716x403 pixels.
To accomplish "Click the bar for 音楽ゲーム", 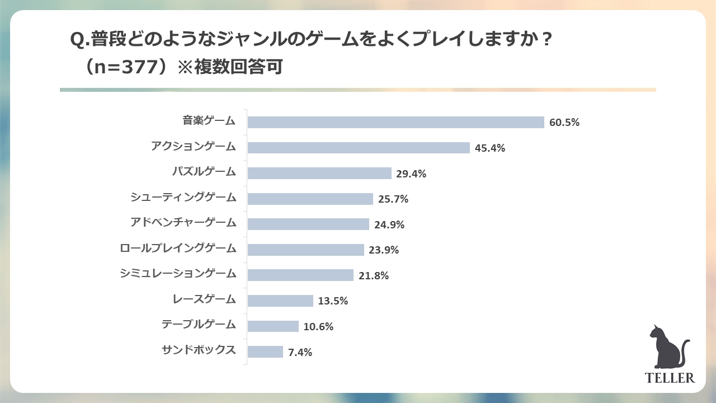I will (x=395, y=122).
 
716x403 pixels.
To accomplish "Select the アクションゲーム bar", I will (x=359, y=148).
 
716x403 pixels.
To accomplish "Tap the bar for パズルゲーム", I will (x=319, y=174).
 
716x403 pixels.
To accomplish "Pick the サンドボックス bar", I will (x=265, y=352).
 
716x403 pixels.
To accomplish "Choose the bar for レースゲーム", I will (x=280, y=301).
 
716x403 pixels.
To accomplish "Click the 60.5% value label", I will (x=564, y=123).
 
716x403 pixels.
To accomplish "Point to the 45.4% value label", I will (x=490, y=148).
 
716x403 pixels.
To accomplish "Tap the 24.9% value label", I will (x=389, y=225).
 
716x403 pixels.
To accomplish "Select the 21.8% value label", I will (x=374, y=276).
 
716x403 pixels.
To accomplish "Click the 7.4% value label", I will (x=300, y=353).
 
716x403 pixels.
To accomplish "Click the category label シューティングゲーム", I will (x=183, y=197).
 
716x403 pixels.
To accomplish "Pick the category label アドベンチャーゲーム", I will (x=183, y=222).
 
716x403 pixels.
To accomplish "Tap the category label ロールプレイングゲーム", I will (x=178, y=248).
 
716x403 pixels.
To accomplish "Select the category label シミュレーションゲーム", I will (x=178, y=273).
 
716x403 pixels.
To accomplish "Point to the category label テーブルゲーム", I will (x=199, y=324).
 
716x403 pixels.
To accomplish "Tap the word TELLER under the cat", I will (x=670, y=378).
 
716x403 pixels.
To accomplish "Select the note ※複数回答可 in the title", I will (x=230, y=67).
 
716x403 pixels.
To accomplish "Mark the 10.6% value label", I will (x=318, y=327).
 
